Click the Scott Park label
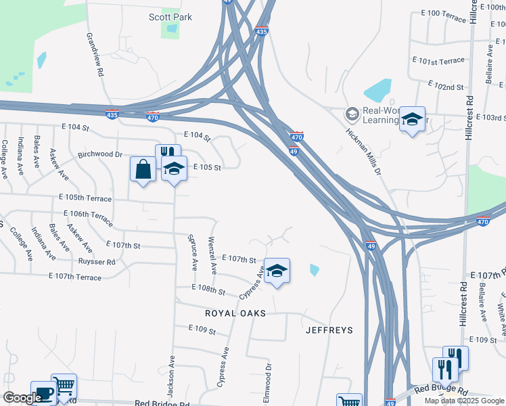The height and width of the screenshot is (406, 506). click(170, 17)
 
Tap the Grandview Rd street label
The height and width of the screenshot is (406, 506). click(94, 54)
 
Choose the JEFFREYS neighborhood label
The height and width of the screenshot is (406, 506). click(329, 330)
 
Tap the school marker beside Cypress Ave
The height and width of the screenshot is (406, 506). click(277, 271)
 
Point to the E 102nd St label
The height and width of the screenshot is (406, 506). click(446, 86)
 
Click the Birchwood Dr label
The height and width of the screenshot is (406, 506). click(100, 154)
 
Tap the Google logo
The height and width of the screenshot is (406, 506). click(22, 398)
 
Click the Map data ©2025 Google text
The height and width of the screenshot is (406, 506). click(464, 401)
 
